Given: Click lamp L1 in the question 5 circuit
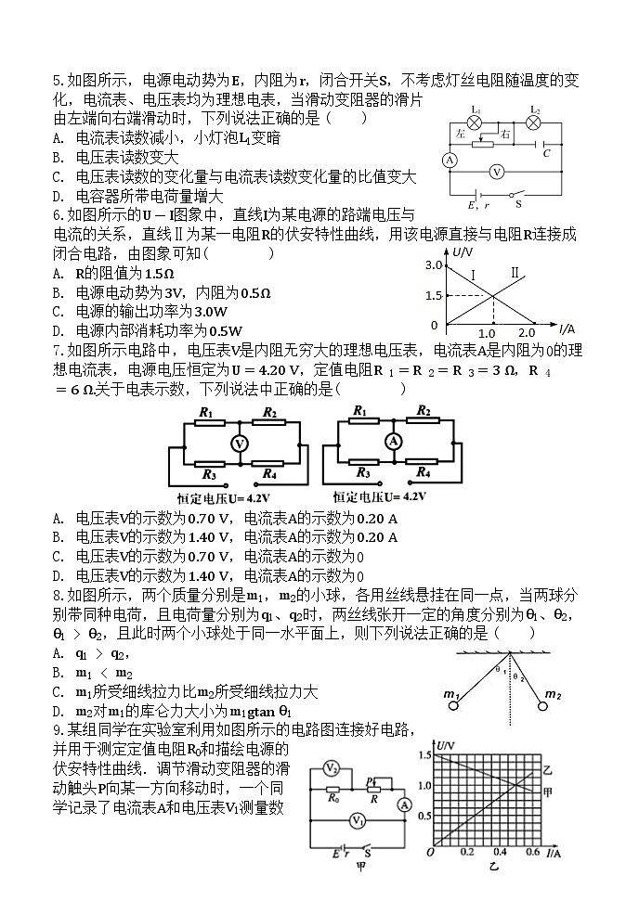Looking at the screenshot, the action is pos(475,122).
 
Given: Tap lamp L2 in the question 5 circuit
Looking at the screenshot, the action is pos(534,122).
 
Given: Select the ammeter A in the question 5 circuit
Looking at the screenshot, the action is pos(449,161).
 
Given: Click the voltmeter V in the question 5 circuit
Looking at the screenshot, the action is pos(498,172).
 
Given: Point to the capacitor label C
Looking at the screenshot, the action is pos(546,153).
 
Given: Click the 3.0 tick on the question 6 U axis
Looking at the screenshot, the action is pos(431,265).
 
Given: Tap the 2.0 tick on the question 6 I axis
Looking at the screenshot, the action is pos(527,333).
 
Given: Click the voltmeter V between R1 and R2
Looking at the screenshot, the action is pos(240,444).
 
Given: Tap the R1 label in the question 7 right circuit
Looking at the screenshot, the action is pos(359,410).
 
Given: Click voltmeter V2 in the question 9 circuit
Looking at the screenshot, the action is pos(330,768).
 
